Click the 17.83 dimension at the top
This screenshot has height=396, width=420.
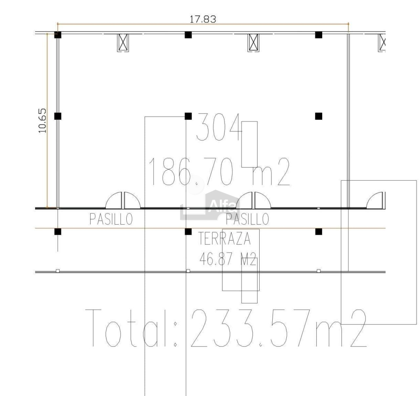coord(202,19)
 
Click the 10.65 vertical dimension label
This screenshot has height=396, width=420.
coord(42,121)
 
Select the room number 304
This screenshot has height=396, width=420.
coord(219,127)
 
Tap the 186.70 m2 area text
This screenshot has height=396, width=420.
coord(219,171)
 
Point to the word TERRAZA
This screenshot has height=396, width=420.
coord(224,239)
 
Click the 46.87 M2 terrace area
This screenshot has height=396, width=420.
coord(228,259)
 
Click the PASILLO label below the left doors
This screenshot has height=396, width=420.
coord(111,219)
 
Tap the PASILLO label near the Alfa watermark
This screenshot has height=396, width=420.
coord(247,219)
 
